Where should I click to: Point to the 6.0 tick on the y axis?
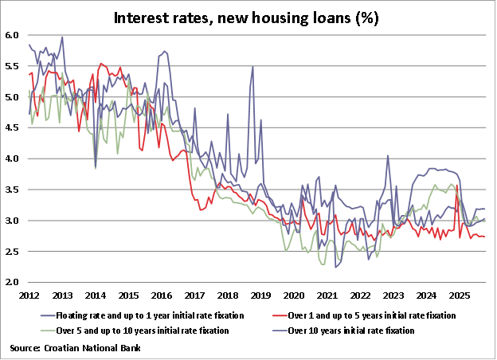[x=12, y=35]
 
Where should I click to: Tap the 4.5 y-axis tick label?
[x=12, y=127]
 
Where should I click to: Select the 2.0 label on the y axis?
[x=12, y=282]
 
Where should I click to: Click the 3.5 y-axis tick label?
[x=12, y=190]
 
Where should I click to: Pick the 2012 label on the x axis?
[x=29, y=295]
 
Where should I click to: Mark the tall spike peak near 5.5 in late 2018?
[x=252, y=66]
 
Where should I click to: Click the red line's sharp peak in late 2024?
[x=456, y=186]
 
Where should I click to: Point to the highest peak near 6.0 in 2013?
[x=62, y=37]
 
